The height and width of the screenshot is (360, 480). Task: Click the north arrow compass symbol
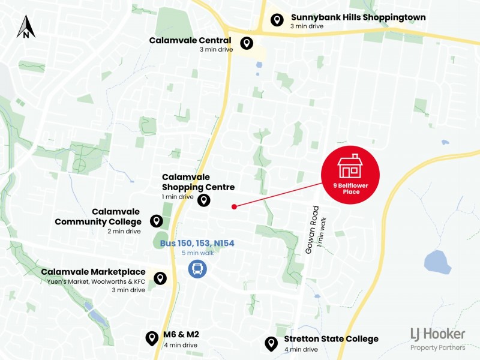click(x=26, y=26)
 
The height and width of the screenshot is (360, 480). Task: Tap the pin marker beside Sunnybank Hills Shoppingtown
click(x=277, y=20)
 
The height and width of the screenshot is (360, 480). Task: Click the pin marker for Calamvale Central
click(x=246, y=43)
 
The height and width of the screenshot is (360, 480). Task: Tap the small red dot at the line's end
click(x=234, y=206)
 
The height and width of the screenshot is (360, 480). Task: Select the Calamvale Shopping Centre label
click(x=198, y=182)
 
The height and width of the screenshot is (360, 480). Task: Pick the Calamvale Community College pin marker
click(x=157, y=221)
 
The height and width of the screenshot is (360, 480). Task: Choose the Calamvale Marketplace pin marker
click(x=160, y=278)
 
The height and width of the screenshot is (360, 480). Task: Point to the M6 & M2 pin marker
click(x=152, y=338)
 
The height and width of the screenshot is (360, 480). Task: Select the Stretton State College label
click(x=327, y=339)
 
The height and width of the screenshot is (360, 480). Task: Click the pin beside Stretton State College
click(x=271, y=343)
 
